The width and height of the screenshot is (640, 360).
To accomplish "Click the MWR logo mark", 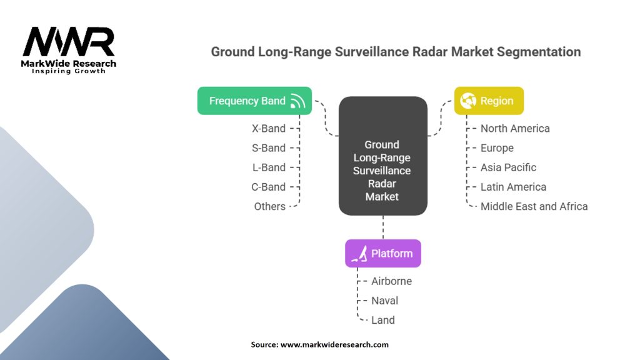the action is coord(69,42).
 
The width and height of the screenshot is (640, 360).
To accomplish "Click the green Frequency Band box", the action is coord(255,101).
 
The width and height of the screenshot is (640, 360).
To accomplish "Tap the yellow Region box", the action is coord(489,101).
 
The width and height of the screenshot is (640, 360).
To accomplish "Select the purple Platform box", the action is coord(383,254).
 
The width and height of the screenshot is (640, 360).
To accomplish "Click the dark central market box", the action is coord(383,156).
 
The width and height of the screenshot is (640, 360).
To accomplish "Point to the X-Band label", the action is coord(269,129).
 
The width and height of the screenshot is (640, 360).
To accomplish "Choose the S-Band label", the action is coord(269,148).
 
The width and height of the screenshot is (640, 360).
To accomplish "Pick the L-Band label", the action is coord(269,167).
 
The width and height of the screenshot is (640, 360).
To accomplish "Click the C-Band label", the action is coord(268,187).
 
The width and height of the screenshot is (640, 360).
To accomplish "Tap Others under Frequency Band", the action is coord(270,206).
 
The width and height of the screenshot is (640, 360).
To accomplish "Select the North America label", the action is coord(515,129).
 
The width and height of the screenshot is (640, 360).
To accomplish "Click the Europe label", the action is coord(497,148).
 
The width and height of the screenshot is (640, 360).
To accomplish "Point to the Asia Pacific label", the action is coord(508,167).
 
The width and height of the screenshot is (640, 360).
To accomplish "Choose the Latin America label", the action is coord(514,187).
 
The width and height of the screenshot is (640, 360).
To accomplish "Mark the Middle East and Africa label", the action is coord(534,206).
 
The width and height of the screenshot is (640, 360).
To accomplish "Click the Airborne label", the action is coord(391,281).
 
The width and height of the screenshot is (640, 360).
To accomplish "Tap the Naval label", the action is coord(384,301).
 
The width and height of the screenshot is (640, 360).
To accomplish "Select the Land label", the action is coord(383,321).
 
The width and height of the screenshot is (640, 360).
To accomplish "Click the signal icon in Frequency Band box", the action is coord(297,101).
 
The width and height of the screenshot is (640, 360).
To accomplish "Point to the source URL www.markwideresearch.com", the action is coord(334,344).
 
